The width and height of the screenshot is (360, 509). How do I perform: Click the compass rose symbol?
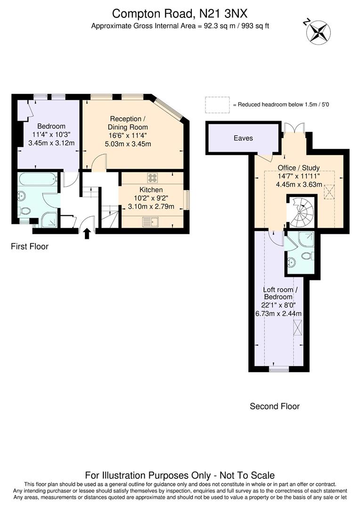tap(319, 32)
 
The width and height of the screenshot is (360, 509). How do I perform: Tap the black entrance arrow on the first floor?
tap(87, 233)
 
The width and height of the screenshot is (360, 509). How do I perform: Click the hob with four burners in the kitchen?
tap(153, 178)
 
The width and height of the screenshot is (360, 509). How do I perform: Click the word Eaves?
tap(243, 138)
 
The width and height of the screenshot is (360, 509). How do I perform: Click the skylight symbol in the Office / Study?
tap(328, 192)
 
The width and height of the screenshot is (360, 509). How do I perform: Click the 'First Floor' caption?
tap(30, 246)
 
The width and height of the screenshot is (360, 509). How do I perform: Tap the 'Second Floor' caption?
tap(274, 406)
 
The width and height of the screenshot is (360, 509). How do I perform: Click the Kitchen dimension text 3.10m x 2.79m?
tap(151, 206)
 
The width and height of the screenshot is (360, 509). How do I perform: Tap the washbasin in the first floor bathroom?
tap(23, 195)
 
